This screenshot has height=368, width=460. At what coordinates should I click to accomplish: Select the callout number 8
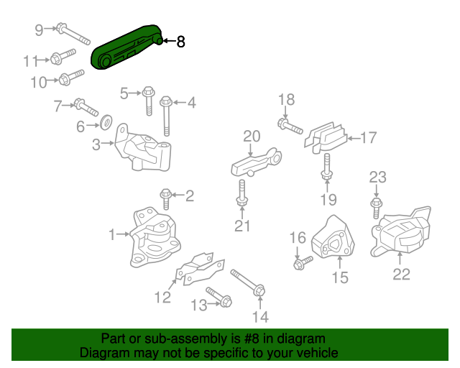(180, 42)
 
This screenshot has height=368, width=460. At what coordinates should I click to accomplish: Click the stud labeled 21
(241, 192)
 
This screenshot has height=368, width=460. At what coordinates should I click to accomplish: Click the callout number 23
(378, 177)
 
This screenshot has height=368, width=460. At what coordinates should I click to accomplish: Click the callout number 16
(298, 238)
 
